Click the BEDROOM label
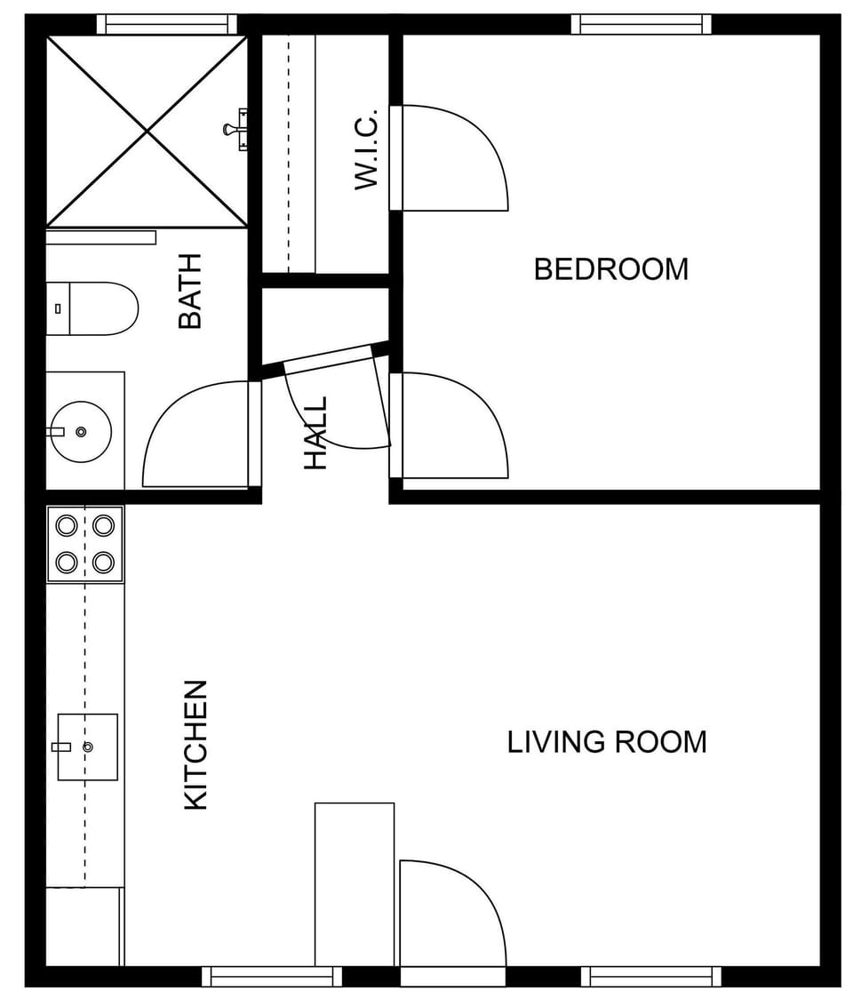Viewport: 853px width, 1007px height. click(610, 268)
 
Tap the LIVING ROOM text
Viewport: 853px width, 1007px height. click(607, 741)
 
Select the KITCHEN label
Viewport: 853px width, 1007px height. click(195, 745)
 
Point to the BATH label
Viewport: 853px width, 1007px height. click(190, 292)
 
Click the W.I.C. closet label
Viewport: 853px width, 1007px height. click(366, 148)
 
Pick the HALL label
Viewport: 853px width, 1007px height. click(315, 433)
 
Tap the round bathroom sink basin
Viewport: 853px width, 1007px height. click(81, 432)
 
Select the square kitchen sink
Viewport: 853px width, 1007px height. click(87, 747)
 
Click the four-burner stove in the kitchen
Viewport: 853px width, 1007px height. click(85, 544)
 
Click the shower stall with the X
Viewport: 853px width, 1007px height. click(147, 131)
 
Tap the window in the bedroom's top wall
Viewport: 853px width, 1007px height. click(641, 24)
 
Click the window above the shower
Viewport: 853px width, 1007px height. click(166, 24)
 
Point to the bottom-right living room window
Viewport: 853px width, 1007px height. click(651, 977)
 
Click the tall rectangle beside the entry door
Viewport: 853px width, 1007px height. click(355, 883)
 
